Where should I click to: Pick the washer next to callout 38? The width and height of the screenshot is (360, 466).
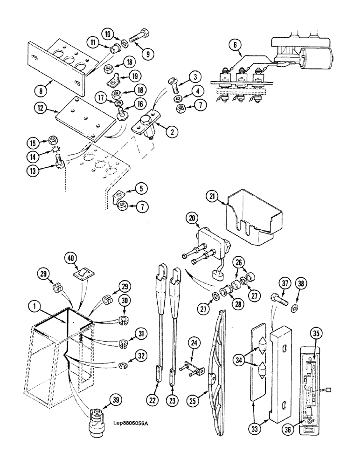tap(294, 308)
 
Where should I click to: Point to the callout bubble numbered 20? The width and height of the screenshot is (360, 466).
tap(192, 217)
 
